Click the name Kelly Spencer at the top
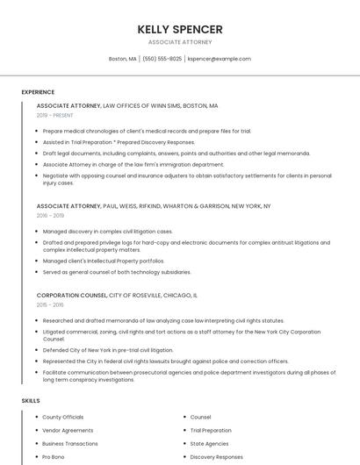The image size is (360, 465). (x=180, y=29)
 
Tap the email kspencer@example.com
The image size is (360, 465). (x=219, y=59)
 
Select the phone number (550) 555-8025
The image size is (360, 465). (x=162, y=59)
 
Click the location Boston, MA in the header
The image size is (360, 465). (x=122, y=59)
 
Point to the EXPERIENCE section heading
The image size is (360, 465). (x=38, y=92)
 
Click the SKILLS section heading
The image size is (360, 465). (x=31, y=401)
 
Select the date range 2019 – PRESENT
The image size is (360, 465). (x=55, y=115)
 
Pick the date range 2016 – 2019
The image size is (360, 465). (x=50, y=215)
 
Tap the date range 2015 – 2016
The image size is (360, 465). (x=50, y=304)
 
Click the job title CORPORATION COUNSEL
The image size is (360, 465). (x=72, y=295)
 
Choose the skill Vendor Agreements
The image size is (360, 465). (x=68, y=430)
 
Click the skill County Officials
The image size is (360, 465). (x=63, y=417)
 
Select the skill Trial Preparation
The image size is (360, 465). (x=211, y=430)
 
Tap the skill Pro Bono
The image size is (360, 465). (x=54, y=456)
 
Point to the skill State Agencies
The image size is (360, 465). (x=209, y=443)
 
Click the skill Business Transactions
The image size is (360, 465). (x=70, y=443)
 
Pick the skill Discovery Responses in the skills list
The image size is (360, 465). (x=216, y=456)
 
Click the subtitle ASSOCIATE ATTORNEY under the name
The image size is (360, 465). (x=180, y=42)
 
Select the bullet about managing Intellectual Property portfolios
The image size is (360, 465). (x=104, y=261)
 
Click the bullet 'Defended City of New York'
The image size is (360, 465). (x=108, y=350)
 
